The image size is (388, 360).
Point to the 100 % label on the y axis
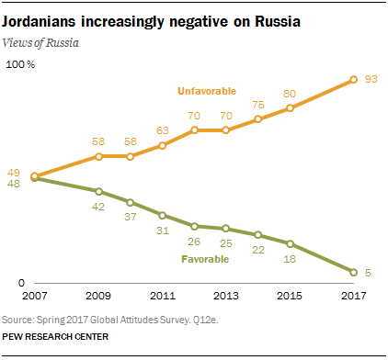tap(19, 65)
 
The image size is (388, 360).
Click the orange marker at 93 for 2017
tap(354, 81)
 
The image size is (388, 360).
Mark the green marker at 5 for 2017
tap(354, 272)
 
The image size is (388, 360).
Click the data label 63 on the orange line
tap(162, 131)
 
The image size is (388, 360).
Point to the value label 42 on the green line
tap(98, 208)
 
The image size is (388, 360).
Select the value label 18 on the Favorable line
tap(290, 260)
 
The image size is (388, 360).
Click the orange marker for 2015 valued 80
tap(290, 108)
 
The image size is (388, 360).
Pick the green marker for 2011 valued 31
tap(162, 216)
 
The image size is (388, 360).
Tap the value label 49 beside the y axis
tap(16, 171)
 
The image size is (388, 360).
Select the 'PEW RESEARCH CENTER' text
tap(55, 337)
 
